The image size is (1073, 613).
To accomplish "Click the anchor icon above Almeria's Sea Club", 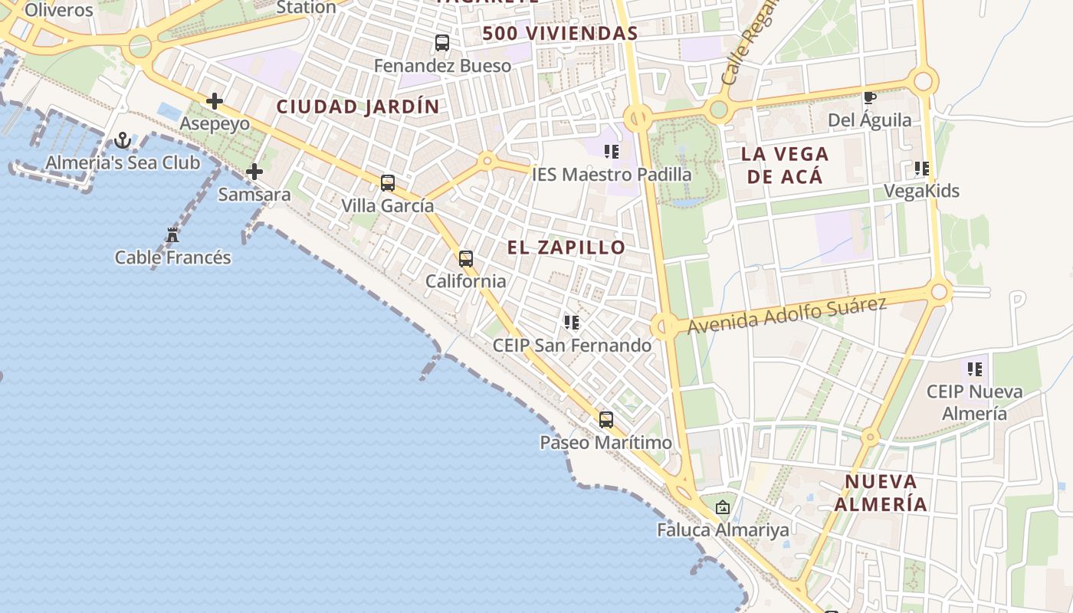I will click(122, 140).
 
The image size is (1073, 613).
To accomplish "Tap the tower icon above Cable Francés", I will click(172, 235).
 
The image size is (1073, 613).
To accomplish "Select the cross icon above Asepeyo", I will click(215, 100).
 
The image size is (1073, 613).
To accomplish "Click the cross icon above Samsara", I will click(254, 172).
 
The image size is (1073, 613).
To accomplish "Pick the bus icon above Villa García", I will click(388, 182).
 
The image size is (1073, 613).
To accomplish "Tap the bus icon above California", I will click(466, 258).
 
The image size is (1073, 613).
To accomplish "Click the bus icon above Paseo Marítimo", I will click(606, 419).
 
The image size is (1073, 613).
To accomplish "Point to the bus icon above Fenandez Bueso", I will click(442, 43).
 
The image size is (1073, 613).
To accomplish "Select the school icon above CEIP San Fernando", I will click(572, 323).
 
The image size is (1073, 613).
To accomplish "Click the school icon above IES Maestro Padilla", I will click(612, 151).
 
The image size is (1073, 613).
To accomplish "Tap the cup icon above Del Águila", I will click(870, 97).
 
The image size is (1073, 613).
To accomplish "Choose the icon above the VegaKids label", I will click(922, 168).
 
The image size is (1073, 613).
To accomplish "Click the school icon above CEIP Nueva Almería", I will click(975, 369).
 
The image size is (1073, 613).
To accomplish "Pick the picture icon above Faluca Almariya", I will click(722, 506).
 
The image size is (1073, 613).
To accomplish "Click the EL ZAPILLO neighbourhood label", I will click(566, 247).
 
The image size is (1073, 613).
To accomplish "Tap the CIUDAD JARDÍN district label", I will click(358, 107).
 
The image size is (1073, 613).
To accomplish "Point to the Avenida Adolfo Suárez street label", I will click(787, 315).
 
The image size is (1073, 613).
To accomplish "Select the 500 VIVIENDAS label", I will click(560, 34).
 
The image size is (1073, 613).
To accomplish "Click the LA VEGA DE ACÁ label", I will click(785, 165).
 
